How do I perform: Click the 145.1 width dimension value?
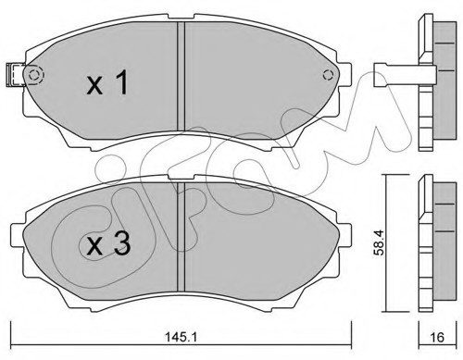(x=181, y=338)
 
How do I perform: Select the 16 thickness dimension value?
(x=437, y=338)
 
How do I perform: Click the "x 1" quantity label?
(x=107, y=82)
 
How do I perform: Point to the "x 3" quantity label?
(x=108, y=243)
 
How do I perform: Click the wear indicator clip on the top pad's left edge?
(x=16, y=74)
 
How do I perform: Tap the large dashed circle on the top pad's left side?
(x=34, y=75)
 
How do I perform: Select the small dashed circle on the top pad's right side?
(x=328, y=75)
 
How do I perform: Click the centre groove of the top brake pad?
(x=181, y=76)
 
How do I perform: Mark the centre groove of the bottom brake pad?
(x=181, y=237)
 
